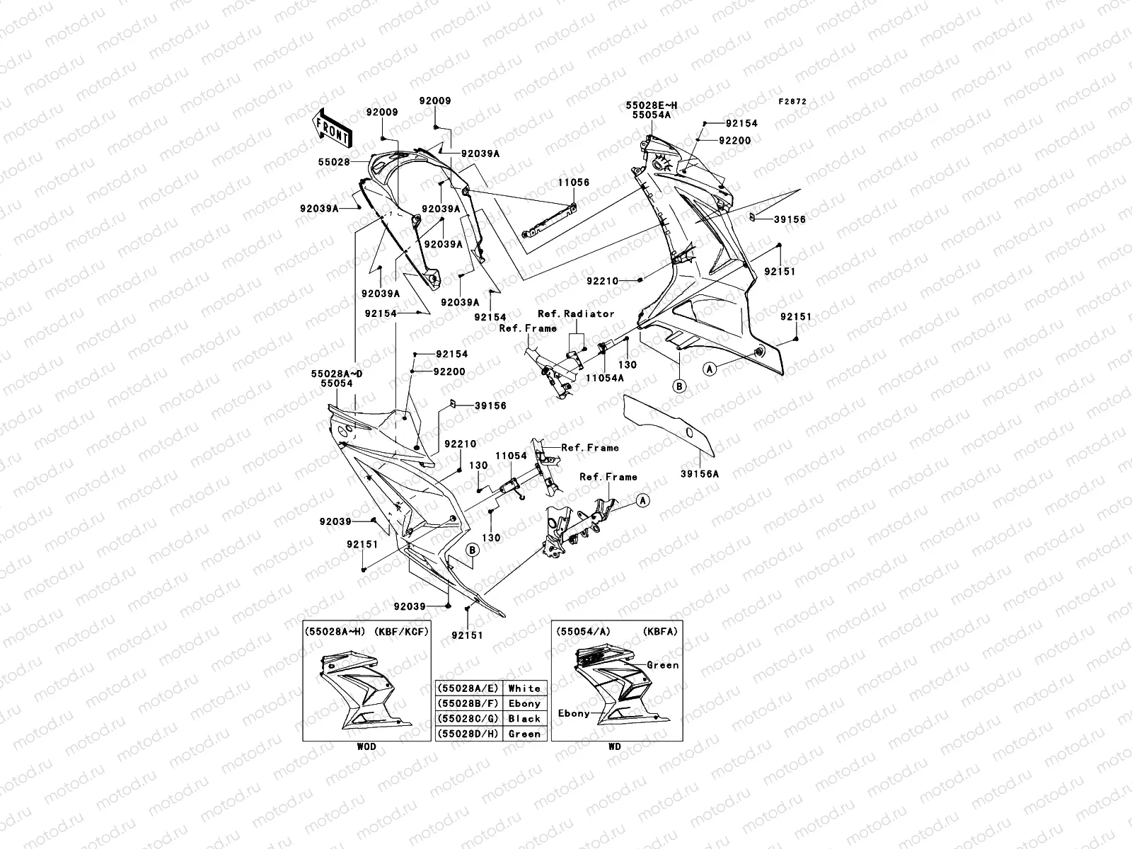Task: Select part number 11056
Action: (572, 183)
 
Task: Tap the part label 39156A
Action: (699, 474)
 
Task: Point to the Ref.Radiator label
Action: (576, 313)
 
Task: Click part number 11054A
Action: (604, 378)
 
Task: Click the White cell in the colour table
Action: (524, 688)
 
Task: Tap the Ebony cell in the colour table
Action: (524, 703)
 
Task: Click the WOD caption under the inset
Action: (366, 746)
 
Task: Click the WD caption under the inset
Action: (616, 746)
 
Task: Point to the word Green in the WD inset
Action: (663, 665)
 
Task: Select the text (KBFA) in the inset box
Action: (661, 631)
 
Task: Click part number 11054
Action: (511, 456)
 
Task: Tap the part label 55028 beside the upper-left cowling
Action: (334, 162)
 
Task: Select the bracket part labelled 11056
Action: (548, 223)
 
